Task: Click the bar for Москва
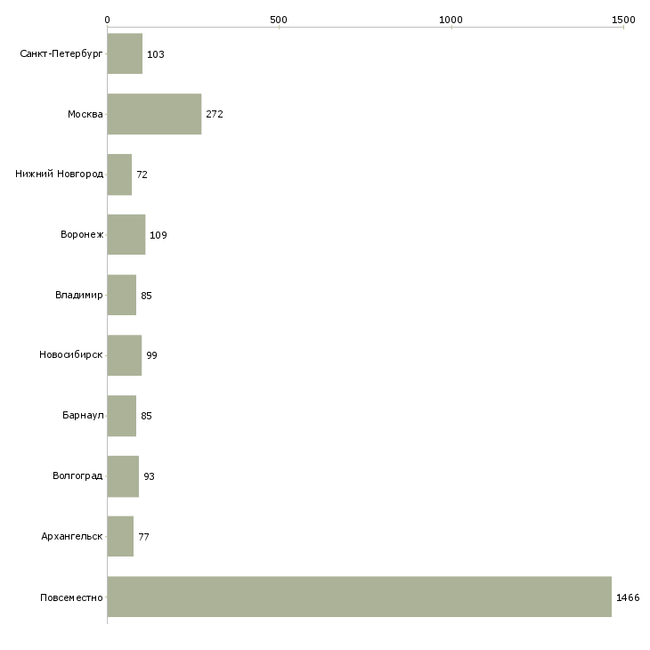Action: click(x=155, y=114)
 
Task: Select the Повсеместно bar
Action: click(x=360, y=597)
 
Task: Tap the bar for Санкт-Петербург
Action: click(x=125, y=53)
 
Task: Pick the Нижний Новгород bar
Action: click(x=120, y=175)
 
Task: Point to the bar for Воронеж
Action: click(x=126, y=235)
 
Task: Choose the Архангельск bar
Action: click(x=120, y=536)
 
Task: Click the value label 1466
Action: click(x=628, y=597)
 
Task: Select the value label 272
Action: click(x=215, y=114)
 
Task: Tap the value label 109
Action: click(x=158, y=235)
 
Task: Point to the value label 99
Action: click(x=151, y=355)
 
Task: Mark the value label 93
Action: click(x=149, y=476)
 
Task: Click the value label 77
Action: click(x=143, y=537)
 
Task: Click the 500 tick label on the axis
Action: click(x=279, y=20)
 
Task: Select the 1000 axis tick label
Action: click(x=451, y=20)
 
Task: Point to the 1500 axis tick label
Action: click(x=623, y=20)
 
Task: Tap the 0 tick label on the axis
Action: click(x=108, y=20)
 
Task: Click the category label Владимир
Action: click(x=78, y=295)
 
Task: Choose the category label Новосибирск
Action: click(x=71, y=354)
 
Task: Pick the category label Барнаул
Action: click(x=83, y=415)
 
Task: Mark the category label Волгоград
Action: click(x=77, y=475)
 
